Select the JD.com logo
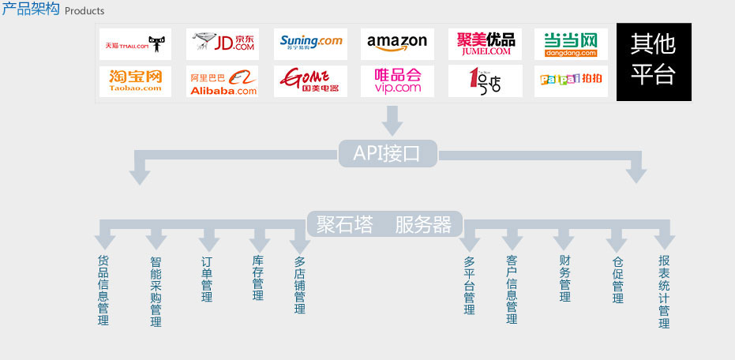pyautogui.click(x=223, y=44)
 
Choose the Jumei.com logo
pyautogui.click(x=485, y=44)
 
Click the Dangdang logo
pyautogui.click(x=571, y=44)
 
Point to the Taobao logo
pyautogui.click(x=136, y=81)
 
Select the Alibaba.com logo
pyautogui.click(x=223, y=81)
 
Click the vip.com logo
pyautogui.click(x=397, y=81)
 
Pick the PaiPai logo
pyautogui.click(x=571, y=81)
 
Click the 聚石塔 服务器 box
pyautogui.click(x=384, y=225)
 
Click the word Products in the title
pyautogui.click(x=84, y=11)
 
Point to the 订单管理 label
pyautogui.click(x=207, y=279)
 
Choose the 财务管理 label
pyautogui.click(x=564, y=279)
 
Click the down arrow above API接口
pyautogui.click(x=392, y=120)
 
